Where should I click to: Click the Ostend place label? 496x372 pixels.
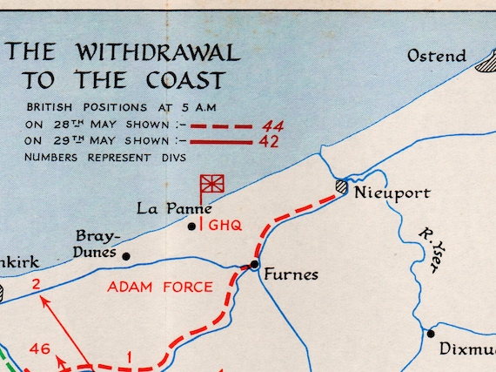(x=437, y=57)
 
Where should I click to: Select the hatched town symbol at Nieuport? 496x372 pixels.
(x=342, y=186)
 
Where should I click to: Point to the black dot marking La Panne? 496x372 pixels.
(x=192, y=226)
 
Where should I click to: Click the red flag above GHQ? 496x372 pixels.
(x=212, y=184)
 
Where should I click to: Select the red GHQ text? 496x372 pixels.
(x=224, y=225)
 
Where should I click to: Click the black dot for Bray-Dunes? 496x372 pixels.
(x=126, y=256)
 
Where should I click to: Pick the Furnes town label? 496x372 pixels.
(x=292, y=274)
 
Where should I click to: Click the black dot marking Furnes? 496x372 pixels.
(x=254, y=264)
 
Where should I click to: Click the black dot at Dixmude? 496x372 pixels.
(x=430, y=333)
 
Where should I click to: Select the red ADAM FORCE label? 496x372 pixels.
(x=159, y=287)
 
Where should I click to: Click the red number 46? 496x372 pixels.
(x=39, y=348)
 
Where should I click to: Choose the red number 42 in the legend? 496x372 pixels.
(x=270, y=142)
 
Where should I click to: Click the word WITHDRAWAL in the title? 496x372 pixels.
(x=163, y=52)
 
